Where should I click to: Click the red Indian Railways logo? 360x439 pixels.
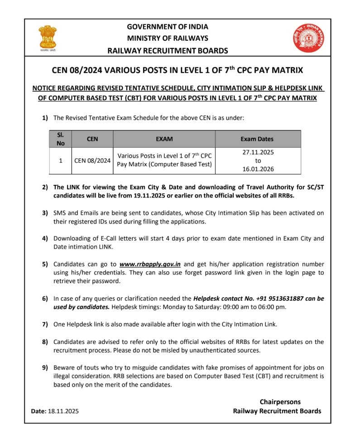tap(309, 38)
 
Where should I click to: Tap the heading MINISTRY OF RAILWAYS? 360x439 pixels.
tap(167, 38)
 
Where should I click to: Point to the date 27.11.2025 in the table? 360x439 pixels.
tap(258, 152)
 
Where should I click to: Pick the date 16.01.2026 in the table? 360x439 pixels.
tap(258, 169)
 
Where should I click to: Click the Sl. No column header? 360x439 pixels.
tap(60, 139)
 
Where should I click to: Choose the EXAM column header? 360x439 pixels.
tap(164, 139)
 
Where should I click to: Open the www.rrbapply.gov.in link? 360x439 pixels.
tap(150, 264)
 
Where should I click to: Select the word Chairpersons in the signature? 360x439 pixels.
tap(280, 402)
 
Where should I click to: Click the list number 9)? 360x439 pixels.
tap(45, 367)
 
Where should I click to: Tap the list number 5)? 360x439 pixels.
tap(45, 264)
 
